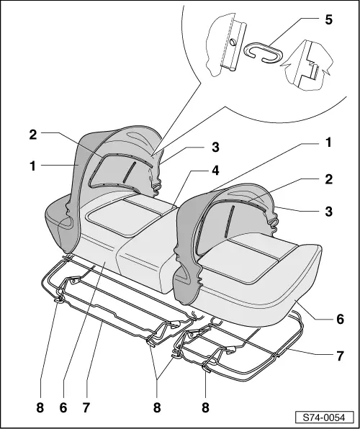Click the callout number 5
328,20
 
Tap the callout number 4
215,171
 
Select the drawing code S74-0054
324,417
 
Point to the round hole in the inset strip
233,42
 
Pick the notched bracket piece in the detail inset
310,66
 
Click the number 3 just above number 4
215,147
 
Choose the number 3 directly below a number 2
328,211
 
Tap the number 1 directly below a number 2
33,166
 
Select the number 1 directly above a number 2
328,143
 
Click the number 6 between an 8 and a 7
63,407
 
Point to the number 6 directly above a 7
340,319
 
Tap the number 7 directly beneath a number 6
340,356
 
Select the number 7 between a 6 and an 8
86,407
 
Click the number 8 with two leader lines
157,407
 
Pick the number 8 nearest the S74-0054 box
205,407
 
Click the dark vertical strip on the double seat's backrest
129,172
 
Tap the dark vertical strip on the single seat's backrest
230,222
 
